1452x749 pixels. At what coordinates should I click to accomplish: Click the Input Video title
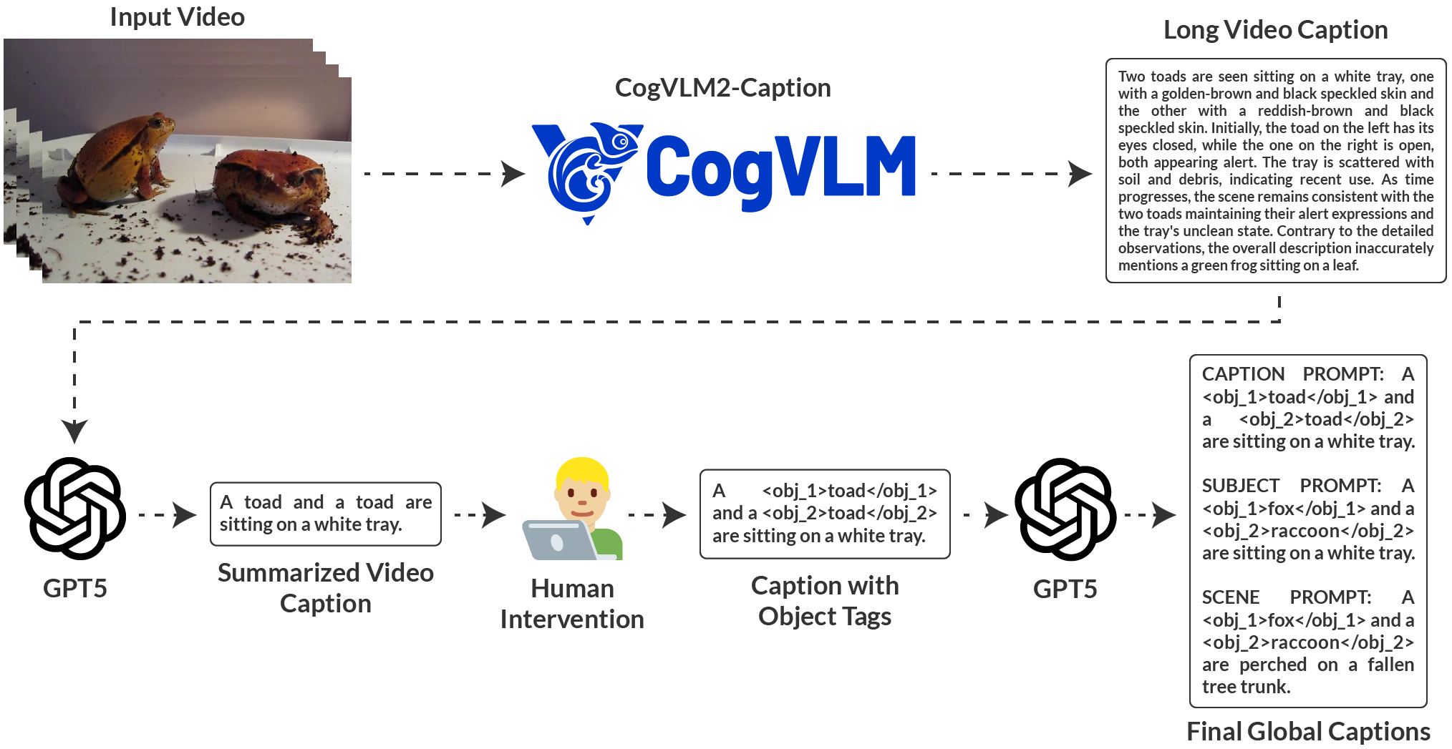177,17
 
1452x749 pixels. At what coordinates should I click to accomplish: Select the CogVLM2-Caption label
722,88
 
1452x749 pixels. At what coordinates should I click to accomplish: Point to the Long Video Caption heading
1275,30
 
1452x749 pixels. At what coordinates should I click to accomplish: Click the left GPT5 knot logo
74,509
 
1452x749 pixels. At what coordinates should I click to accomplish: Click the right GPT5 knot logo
1065,509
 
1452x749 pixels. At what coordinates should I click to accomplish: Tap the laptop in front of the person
558,541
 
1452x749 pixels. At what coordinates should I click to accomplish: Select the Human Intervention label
572,604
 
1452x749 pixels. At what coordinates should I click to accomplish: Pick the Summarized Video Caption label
326,588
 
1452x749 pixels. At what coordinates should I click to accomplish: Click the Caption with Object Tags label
825,601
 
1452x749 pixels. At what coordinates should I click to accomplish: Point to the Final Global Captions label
1308,732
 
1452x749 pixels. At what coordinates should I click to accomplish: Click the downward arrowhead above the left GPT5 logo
74,431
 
